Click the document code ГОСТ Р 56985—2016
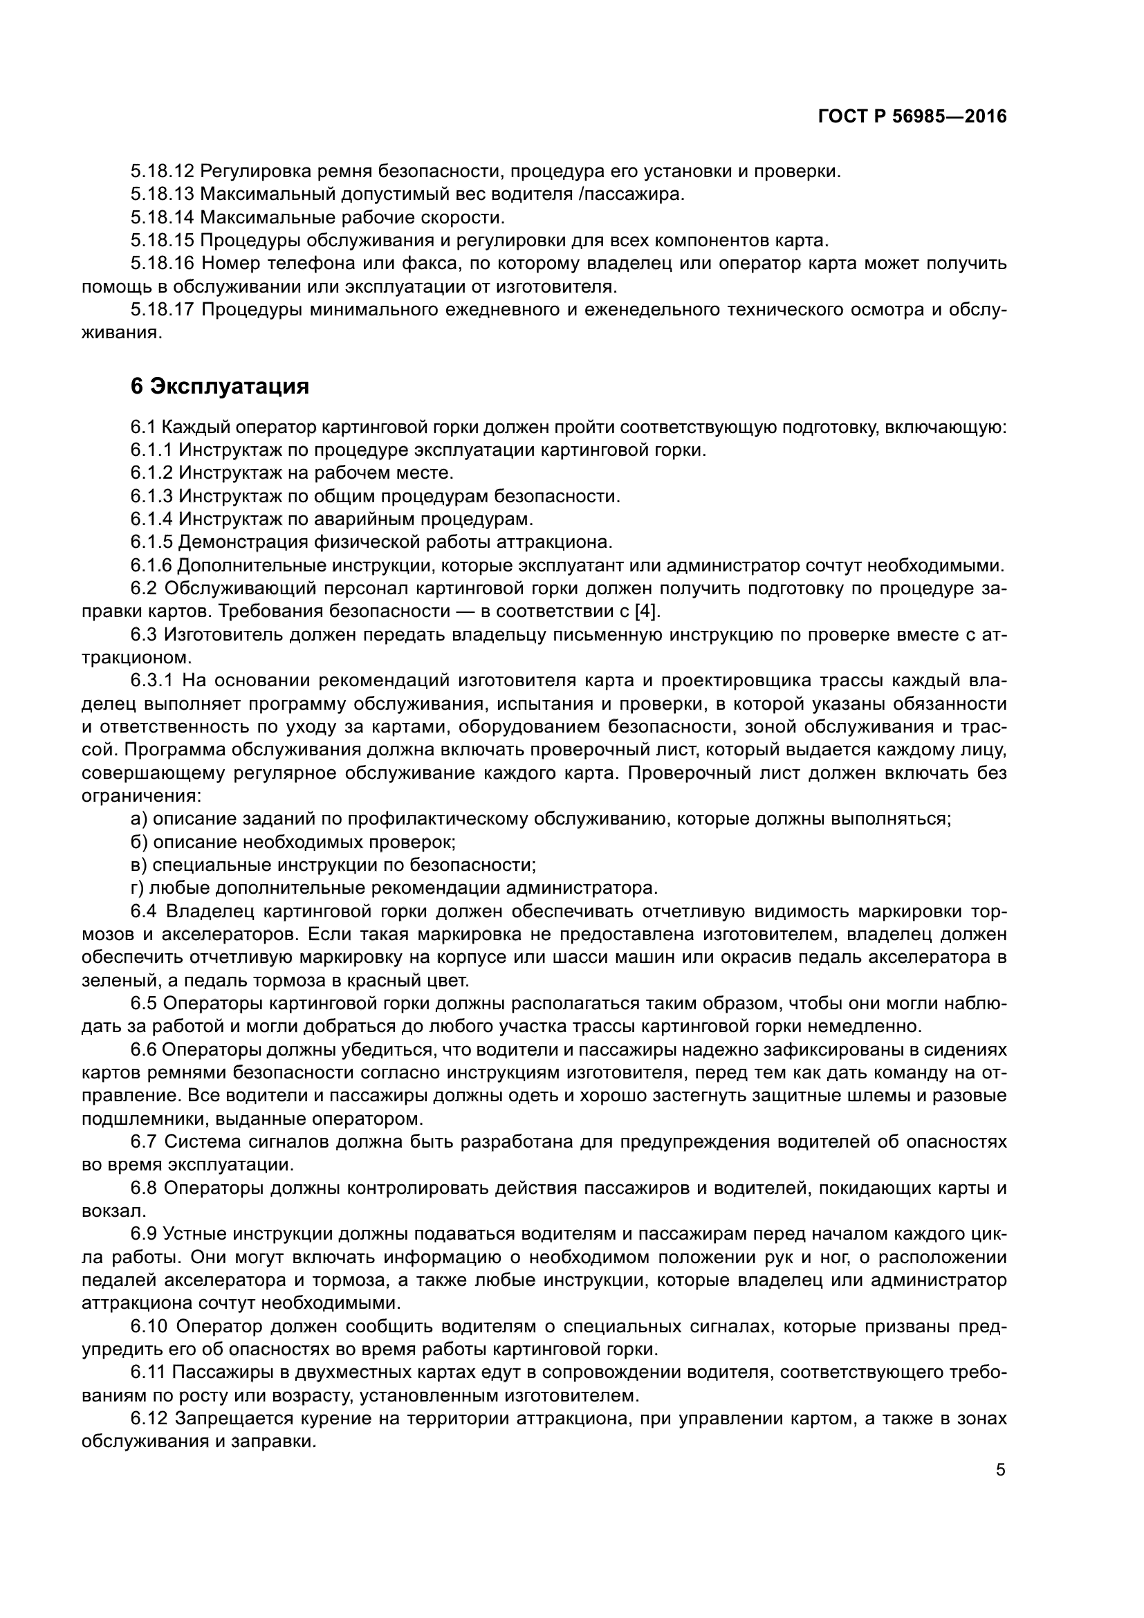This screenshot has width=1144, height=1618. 912,117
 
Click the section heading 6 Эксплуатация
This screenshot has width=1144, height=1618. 219,386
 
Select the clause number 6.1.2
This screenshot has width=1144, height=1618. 151,472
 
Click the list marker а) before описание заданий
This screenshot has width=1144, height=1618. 139,819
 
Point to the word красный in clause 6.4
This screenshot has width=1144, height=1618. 375,980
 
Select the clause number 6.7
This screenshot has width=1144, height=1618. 145,1141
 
